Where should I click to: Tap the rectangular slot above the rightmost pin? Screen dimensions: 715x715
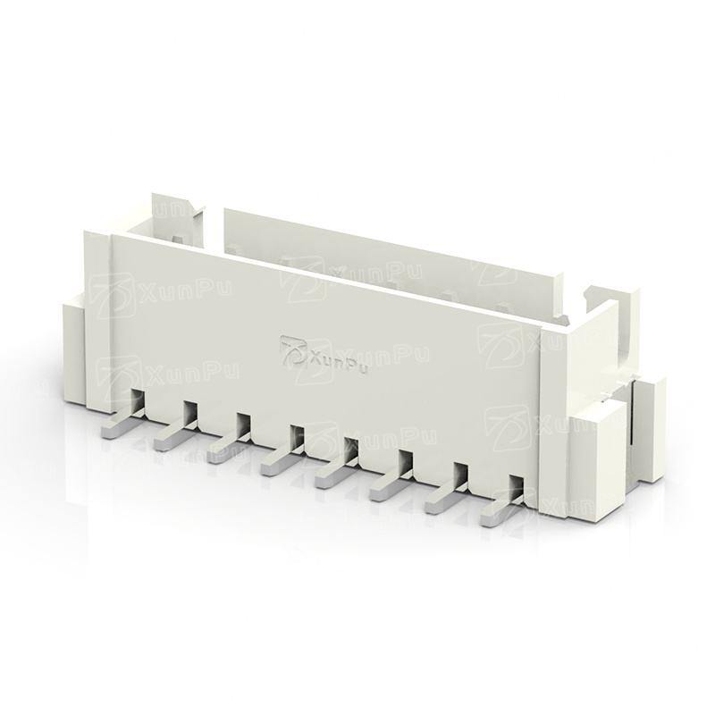(x=517, y=488)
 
